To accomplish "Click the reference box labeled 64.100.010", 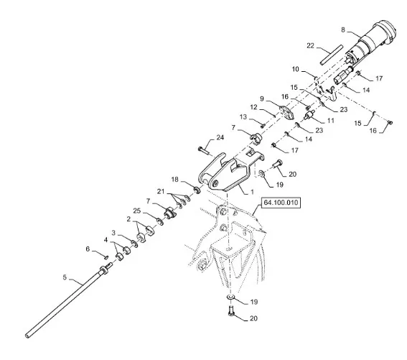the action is click(281, 203).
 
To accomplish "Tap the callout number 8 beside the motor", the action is click(343, 30).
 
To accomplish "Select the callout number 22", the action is click(310, 46).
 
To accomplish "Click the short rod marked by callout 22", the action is click(332, 55).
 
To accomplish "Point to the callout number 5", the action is click(65, 277).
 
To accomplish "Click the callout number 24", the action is click(220, 137).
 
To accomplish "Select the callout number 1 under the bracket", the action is click(252, 192).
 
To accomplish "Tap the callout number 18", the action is click(175, 180).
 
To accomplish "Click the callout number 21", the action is click(161, 192).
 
